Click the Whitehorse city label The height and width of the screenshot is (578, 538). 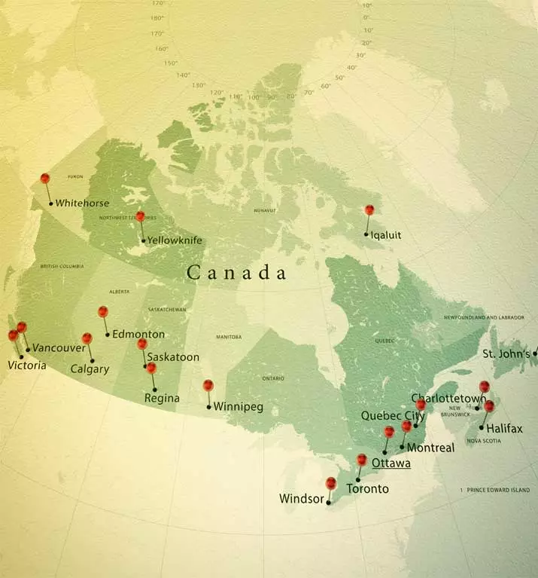[82, 203]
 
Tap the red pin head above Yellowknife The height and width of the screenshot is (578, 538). [140, 216]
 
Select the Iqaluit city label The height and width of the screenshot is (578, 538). [386, 235]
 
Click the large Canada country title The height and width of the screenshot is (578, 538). [236, 273]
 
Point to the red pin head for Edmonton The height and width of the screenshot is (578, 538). [103, 311]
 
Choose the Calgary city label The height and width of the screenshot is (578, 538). [90, 369]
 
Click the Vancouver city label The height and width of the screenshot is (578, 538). [59, 348]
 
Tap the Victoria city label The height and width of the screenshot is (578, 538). [26, 365]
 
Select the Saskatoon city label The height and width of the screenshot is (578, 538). [173, 356]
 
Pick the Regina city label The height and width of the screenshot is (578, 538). [163, 398]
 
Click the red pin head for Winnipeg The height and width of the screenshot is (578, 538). [208, 385]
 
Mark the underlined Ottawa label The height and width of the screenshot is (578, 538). [391, 463]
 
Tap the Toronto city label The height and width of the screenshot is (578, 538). [367, 489]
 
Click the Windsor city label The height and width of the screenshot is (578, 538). [301, 499]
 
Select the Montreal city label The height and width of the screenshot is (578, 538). [431, 448]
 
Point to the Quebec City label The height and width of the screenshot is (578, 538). [388, 415]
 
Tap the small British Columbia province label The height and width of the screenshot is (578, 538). [62, 267]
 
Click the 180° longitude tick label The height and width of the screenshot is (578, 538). [157, 17]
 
